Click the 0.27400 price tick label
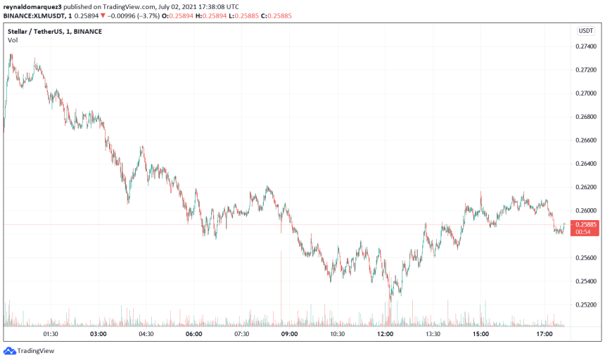pos(587,46)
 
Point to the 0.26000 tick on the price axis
pos(587,211)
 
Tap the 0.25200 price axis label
pos(587,304)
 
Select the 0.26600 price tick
pos(587,141)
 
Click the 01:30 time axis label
pos(50,334)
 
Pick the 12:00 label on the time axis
pos(385,334)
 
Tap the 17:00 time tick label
pos(544,334)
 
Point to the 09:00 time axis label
pos(289,334)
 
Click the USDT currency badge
pos(586,31)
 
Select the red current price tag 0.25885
pos(587,224)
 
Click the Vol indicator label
pos(13,40)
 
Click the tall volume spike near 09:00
pos(281,288)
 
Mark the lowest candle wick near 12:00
pos(390,301)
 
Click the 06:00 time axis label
pos(193,334)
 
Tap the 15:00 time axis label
pos(480,334)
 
